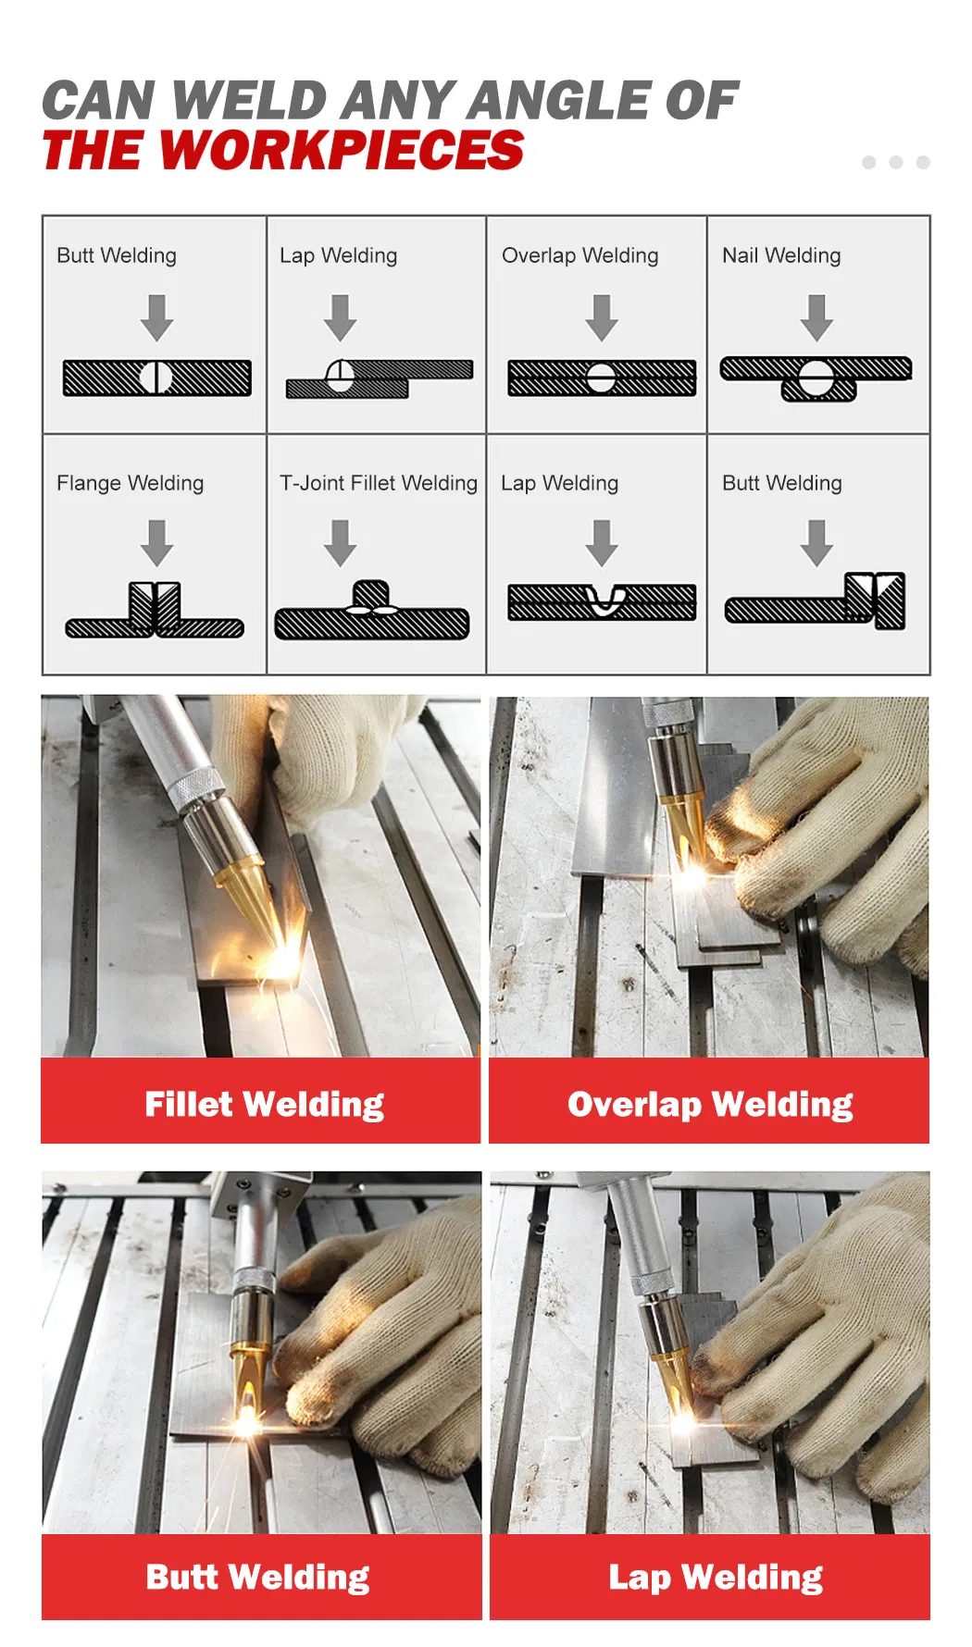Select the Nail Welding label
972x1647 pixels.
pos(781,255)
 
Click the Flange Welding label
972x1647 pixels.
pos(130,483)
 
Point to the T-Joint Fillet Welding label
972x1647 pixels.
pos(379,483)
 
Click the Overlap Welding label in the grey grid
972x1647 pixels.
pos(580,255)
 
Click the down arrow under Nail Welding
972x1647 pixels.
pos(816,318)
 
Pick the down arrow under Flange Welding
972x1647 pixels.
pos(157,543)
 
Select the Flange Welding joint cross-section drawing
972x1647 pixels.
pos(155,611)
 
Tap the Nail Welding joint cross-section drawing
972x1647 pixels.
pos(816,378)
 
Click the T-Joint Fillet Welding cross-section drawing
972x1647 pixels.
pos(372,611)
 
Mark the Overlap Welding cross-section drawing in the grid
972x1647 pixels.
pos(602,378)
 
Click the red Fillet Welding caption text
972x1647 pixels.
pos(264,1105)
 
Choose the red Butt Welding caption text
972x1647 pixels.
pos(257,1578)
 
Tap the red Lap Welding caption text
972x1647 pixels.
pos(716,1578)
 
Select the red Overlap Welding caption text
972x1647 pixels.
pos(710,1105)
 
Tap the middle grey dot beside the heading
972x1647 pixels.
pos(895,163)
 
